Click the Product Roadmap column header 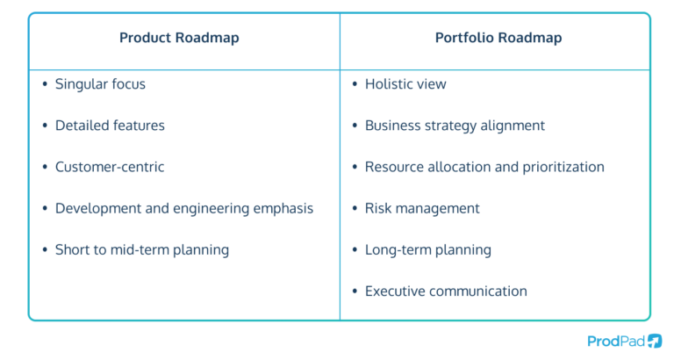[179, 38]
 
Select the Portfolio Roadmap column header [498, 38]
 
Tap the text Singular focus [100, 84]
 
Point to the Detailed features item [110, 126]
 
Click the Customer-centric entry [110, 167]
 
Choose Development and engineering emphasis [184, 208]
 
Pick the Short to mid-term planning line [142, 249]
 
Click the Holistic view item [405, 84]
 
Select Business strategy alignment [455, 126]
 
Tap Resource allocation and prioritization [484, 167]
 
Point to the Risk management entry [422, 208]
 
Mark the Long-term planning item [428, 249]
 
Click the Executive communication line [446, 291]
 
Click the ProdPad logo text [614, 341]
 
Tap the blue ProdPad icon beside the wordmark [655, 341]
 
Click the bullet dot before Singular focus [45, 84]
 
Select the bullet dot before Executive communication [355, 291]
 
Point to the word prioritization [560, 167]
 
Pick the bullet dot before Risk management [355, 208]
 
